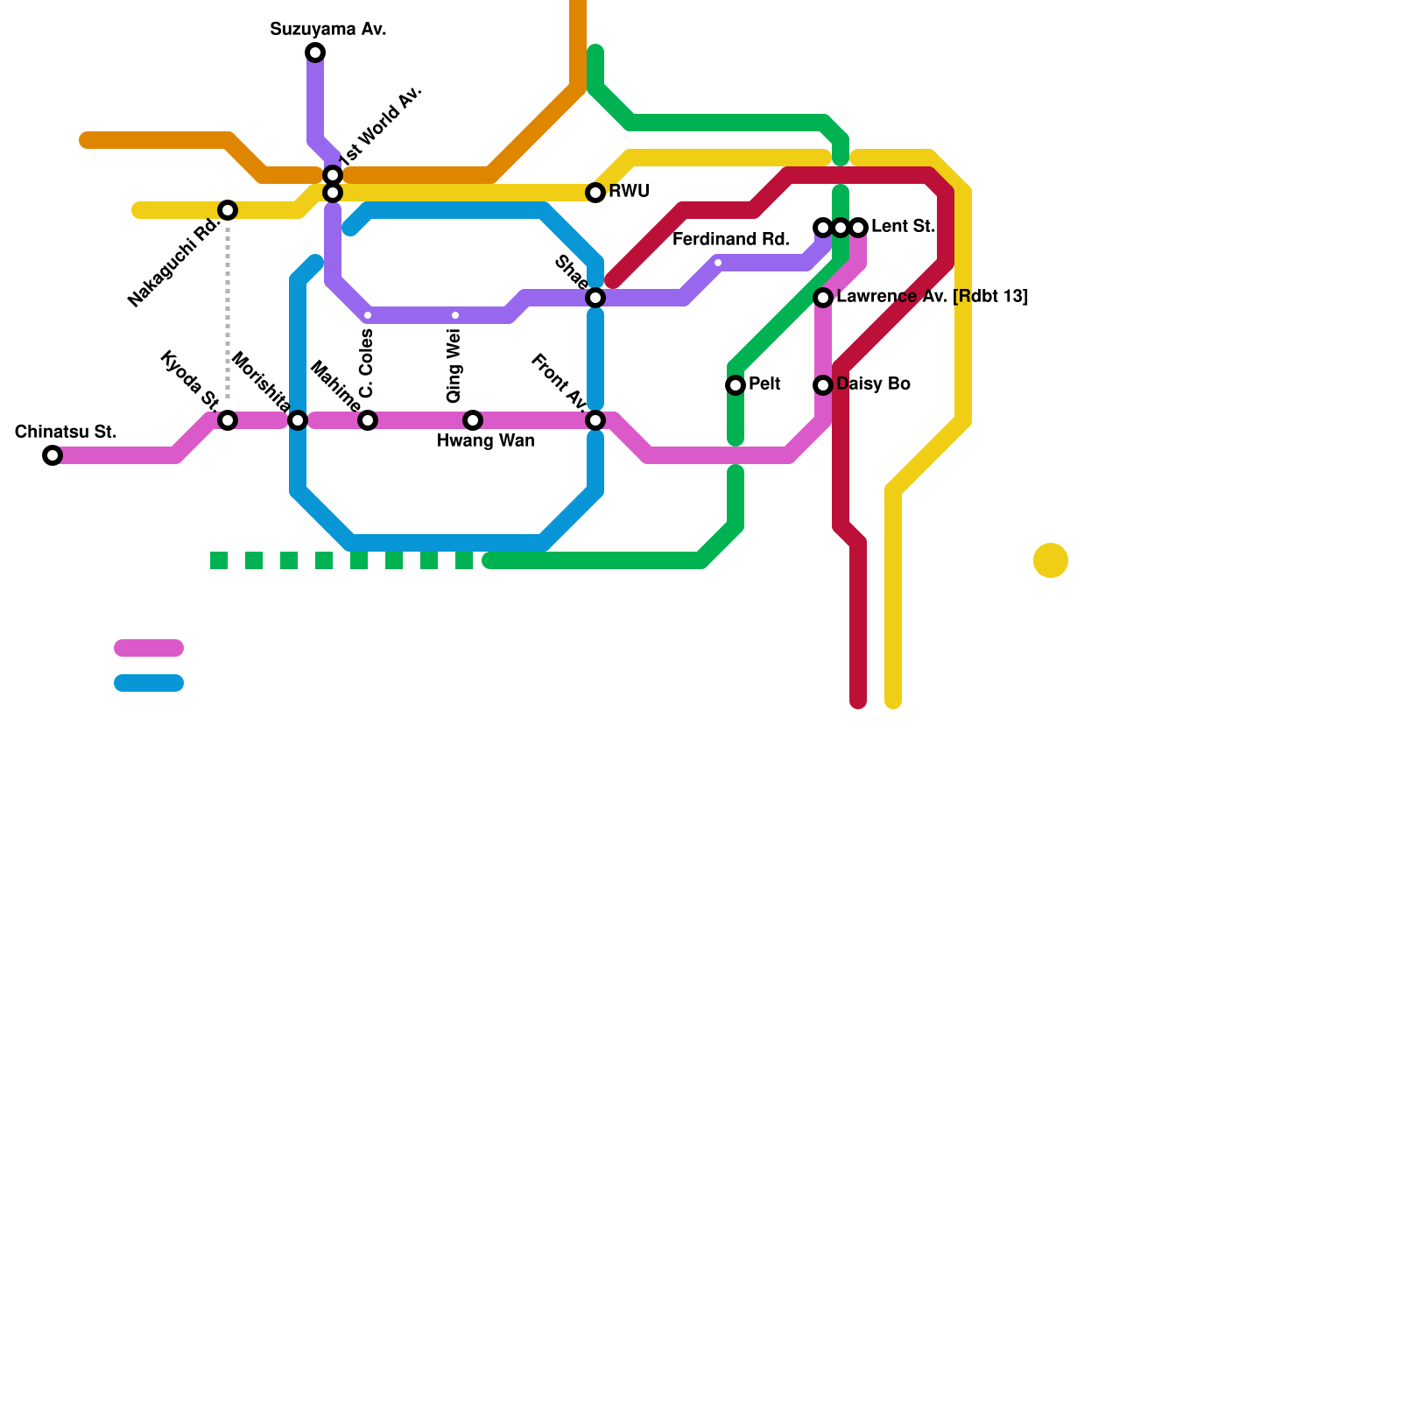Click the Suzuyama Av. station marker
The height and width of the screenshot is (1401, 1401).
pyautogui.click(x=315, y=53)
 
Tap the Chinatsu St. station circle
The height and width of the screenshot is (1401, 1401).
pyautogui.click(x=53, y=455)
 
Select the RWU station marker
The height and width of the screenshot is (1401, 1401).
pyautogui.click(x=595, y=193)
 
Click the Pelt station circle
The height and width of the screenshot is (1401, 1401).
pyautogui.click(x=736, y=385)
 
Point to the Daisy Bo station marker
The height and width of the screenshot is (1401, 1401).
pyautogui.click(x=823, y=385)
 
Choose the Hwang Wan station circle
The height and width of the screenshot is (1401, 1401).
pyautogui.click(x=473, y=420)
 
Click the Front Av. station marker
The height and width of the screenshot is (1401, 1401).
pyautogui.click(x=595, y=420)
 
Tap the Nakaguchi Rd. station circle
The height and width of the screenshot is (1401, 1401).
pyautogui.click(x=228, y=210)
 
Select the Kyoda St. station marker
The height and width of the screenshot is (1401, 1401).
pyautogui.click(x=228, y=420)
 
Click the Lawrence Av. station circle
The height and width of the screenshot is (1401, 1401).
pyautogui.click(x=823, y=298)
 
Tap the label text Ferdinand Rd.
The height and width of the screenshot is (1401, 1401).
pyautogui.click(x=730, y=240)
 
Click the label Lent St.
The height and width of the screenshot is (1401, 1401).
pyautogui.click(x=903, y=227)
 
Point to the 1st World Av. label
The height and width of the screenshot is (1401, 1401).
pyautogui.click(x=381, y=126)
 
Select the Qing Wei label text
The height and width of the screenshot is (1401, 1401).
pyautogui.click(x=454, y=366)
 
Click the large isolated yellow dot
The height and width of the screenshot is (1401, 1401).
pyautogui.click(x=1051, y=560)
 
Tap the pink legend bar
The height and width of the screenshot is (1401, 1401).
pyautogui.click(x=149, y=648)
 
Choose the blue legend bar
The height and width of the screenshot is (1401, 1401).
pyautogui.click(x=149, y=683)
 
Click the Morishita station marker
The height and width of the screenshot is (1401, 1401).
pyautogui.click(x=298, y=420)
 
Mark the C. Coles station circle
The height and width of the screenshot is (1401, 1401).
pyautogui.click(x=368, y=420)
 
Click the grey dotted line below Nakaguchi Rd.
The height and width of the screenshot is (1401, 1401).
pyautogui.click(x=228, y=315)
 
